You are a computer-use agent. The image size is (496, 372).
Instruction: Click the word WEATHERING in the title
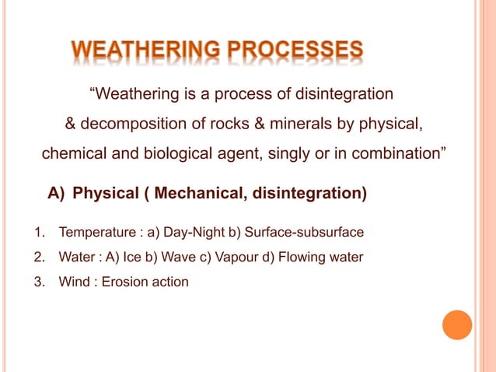pos(146,53)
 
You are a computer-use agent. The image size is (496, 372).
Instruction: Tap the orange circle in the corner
pos(457,325)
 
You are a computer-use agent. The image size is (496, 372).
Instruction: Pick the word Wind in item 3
pos(72,282)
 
